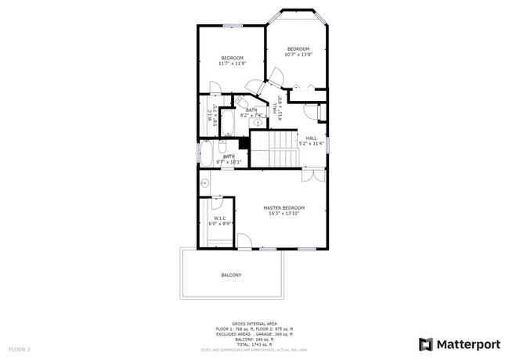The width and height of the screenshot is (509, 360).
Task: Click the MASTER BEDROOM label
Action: tap(283, 207)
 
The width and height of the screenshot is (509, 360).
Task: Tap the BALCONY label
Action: tap(231, 275)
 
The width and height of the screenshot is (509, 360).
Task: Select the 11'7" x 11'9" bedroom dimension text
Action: tap(232, 63)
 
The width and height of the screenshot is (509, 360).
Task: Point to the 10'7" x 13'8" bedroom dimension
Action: tap(299, 54)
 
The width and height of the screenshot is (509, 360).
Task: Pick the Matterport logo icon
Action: tap(426, 344)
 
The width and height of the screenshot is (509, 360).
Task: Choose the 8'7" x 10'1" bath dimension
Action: tap(229, 162)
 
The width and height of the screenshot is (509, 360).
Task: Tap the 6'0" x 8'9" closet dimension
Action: tap(220, 224)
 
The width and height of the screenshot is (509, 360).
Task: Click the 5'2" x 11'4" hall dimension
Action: tap(311, 143)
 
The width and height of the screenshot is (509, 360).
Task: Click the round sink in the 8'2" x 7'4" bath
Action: tap(258, 123)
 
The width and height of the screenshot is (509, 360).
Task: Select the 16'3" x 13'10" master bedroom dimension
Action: tap(283, 213)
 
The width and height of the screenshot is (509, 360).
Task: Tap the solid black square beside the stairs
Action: tap(244, 143)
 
